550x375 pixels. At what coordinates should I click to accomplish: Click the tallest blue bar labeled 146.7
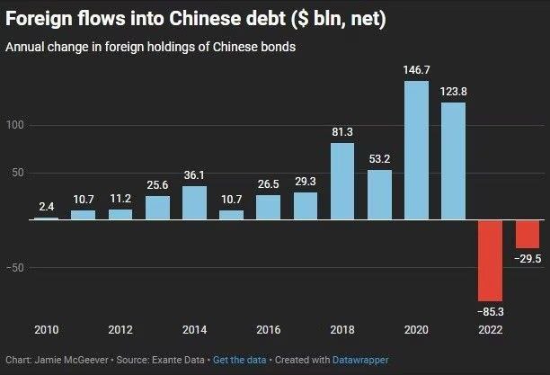pyautogui.click(x=416, y=150)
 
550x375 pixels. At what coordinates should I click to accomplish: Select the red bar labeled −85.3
pyautogui.click(x=490, y=261)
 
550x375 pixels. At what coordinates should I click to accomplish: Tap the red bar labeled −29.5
pyautogui.click(x=527, y=234)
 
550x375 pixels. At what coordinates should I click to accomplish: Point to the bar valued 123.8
pyautogui.click(x=453, y=161)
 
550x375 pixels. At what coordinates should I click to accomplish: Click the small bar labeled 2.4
pyautogui.click(x=46, y=219)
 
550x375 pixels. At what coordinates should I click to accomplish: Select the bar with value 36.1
pyautogui.click(x=194, y=202)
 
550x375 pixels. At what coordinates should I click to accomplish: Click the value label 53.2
pyautogui.click(x=379, y=159)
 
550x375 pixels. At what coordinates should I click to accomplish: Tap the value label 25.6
pyautogui.click(x=157, y=185)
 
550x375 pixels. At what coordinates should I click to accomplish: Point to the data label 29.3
pyautogui.click(x=306, y=182)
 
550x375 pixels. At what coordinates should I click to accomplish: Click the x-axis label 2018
pyautogui.click(x=342, y=330)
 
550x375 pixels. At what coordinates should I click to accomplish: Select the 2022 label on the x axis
pyautogui.click(x=490, y=330)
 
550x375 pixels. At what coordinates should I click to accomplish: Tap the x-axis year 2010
pyautogui.click(x=46, y=330)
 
